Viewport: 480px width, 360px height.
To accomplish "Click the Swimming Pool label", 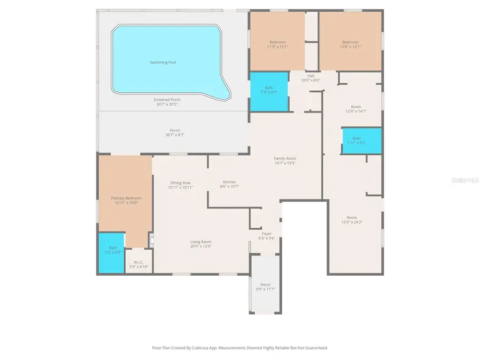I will pos(163,62).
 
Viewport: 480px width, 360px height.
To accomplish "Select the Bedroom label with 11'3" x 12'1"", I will pos(277,42).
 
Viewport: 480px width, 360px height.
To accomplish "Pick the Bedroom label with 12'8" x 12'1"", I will pos(350,42).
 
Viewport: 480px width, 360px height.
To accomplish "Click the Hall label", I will pos(310,76).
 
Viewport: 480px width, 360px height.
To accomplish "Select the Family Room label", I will pos(285,158).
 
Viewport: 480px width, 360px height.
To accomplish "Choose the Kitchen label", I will pos(229,182).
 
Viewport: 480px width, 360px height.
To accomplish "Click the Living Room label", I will pos(201,242).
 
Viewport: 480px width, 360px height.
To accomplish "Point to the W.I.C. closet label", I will pos(139,262).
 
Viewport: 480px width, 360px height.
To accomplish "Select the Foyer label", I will pos(267,234).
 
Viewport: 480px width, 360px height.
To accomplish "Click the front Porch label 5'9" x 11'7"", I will pos(265,284).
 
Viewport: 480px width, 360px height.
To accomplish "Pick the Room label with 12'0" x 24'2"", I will pos(351,218).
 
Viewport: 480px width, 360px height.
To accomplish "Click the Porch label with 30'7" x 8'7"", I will pos(174,131).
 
